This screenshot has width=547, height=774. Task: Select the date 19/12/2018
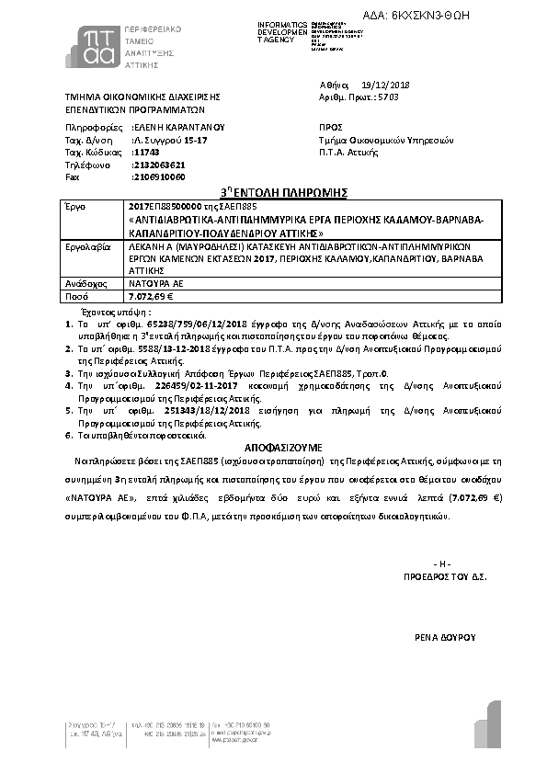[x=386, y=85]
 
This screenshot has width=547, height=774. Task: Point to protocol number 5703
[x=390, y=96]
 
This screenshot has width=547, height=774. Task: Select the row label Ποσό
[x=74, y=297]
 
